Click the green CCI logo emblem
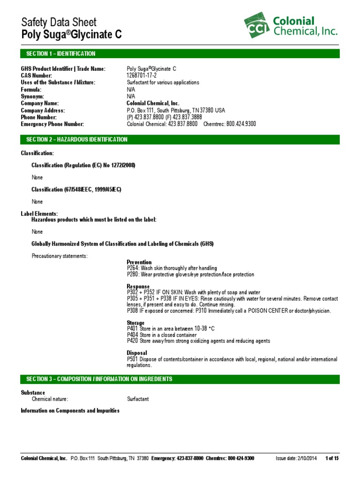(256, 26)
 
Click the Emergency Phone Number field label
(52, 124)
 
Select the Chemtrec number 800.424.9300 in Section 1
(241, 124)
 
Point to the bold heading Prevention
(139, 262)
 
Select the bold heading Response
(138, 286)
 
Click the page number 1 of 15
(332, 458)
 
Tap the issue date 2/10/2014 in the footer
(304, 458)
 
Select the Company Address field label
(43, 110)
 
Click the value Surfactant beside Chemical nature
(138, 399)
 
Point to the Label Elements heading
(39, 214)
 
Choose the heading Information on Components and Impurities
(70, 411)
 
